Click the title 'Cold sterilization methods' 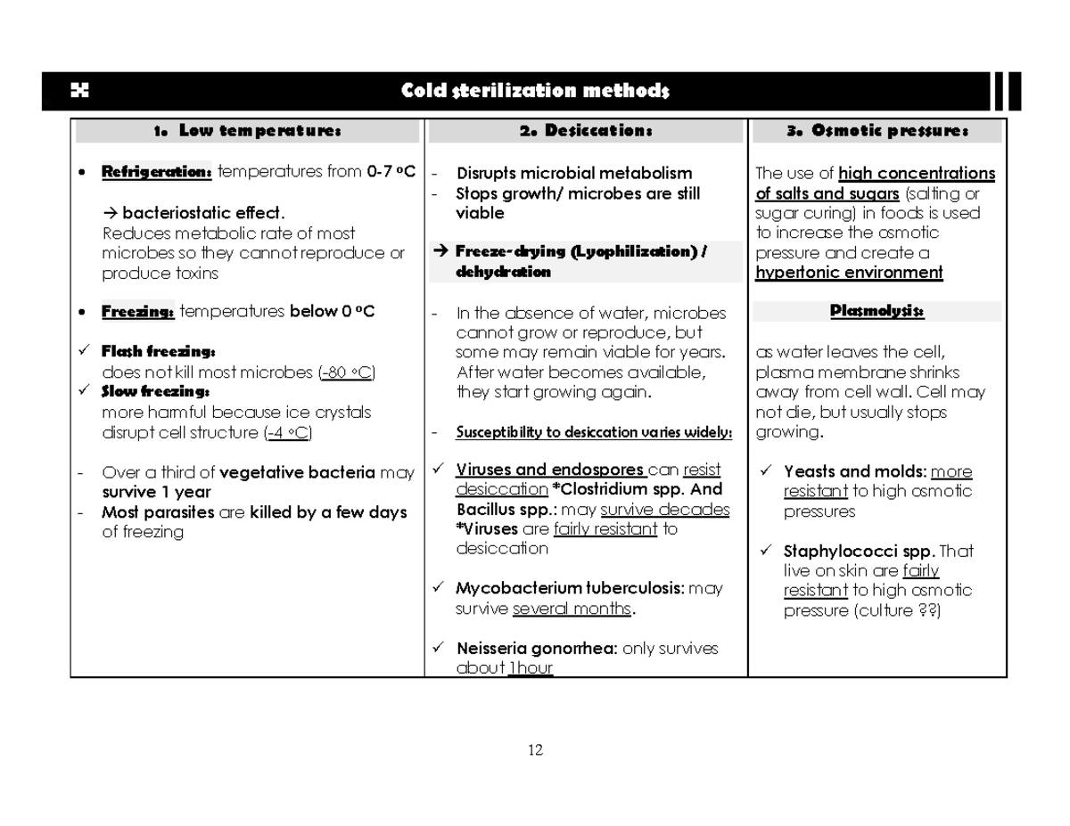click(534, 91)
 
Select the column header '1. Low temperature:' click(247, 132)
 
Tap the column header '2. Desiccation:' click(586, 132)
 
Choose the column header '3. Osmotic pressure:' click(877, 132)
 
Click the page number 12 click(535, 749)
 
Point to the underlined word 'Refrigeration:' click(157, 172)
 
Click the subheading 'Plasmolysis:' click(877, 312)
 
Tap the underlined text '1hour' click(531, 669)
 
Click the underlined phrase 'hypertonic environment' click(849, 273)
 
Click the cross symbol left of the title click(80, 91)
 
